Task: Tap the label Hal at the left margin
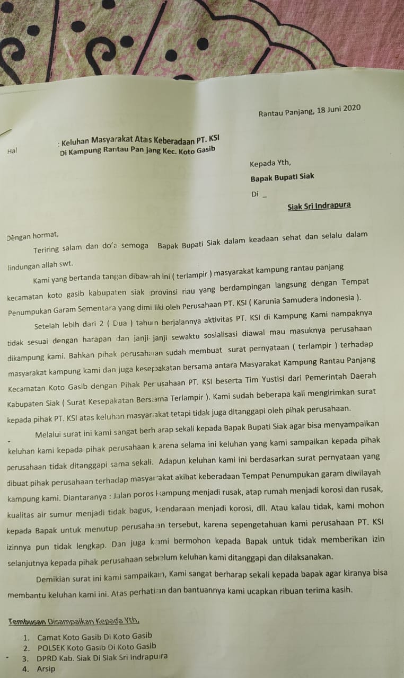click(x=12, y=151)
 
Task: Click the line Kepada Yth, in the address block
click(x=270, y=163)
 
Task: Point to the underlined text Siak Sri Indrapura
click(x=319, y=206)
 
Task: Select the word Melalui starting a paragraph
click(x=49, y=435)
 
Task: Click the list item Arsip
click(x=46, y=669)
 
